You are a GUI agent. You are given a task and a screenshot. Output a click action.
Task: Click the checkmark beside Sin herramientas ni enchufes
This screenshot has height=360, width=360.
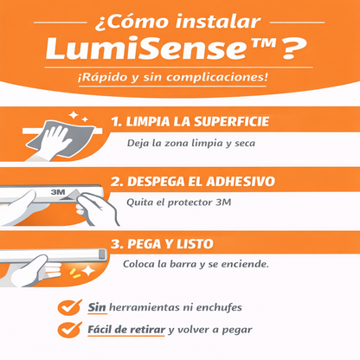pyautogui.click(x=67, y=306)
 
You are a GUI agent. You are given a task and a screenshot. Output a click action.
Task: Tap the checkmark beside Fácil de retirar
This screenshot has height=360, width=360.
pyautogui.click(x=67, y=329)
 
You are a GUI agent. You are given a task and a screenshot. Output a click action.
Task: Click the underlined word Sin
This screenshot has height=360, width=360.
pyautogui.click(x=97, y=307)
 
